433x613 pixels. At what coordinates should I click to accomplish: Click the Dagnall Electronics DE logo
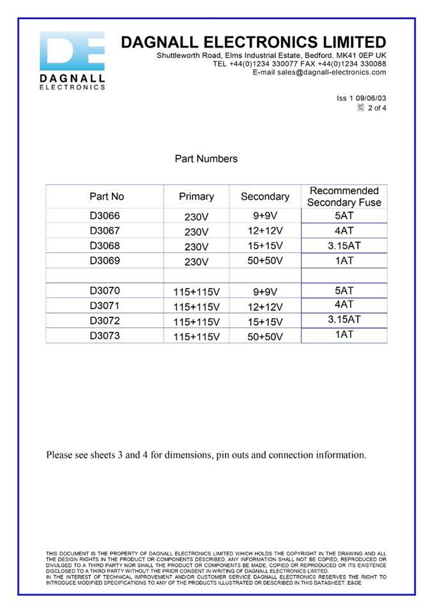(x=72, y=60)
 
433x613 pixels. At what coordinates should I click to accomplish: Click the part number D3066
(x=105, y=216)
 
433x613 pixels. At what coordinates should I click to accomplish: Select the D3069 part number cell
(x=105, y=261)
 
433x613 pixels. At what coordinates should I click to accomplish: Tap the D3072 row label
(x=105, y=320)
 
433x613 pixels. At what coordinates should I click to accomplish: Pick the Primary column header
(x=196, y=197)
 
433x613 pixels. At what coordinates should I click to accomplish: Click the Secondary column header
(x=264, y=197)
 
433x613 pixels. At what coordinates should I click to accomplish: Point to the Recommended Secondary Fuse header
(x=344, y=197)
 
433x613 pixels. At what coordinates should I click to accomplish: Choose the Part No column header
(x=107, y=197)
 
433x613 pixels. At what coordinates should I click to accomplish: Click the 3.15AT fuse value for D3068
(x=344, y=245)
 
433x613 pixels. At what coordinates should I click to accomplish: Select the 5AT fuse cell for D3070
(x=344, y=291)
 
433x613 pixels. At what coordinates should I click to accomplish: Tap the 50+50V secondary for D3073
(x=264, y=337)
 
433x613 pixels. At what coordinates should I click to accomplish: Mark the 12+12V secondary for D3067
(x=264, y=231)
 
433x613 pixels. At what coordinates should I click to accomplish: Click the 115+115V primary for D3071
(x=196, y=307)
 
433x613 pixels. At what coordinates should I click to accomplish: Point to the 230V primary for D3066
(x=196, y=217)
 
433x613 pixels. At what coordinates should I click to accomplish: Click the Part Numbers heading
(x=206, y=158)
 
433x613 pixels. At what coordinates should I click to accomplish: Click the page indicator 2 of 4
(x=377, y=108)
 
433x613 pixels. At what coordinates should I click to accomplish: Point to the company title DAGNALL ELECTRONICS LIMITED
(x=253, y=43)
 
